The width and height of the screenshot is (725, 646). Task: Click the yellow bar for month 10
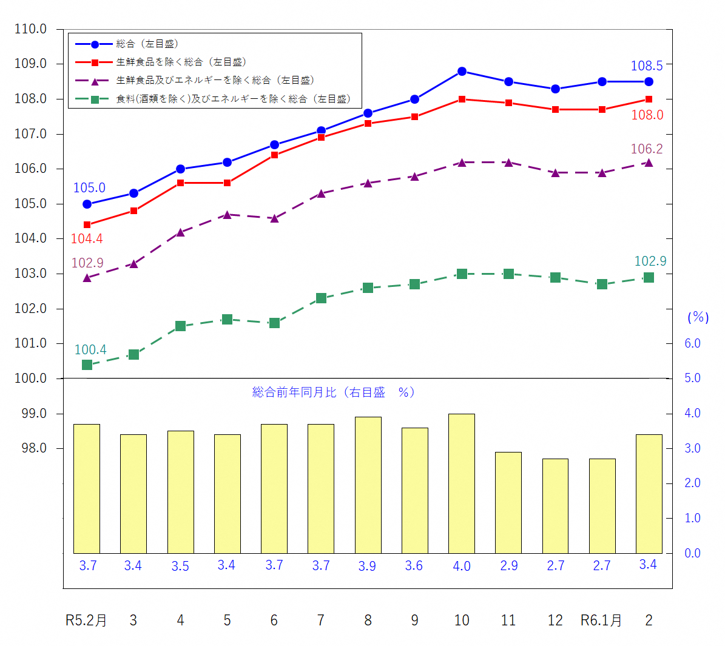[462, 483]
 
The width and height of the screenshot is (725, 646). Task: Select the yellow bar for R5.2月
[87, 488]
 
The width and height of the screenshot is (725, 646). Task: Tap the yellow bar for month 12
[555, 506]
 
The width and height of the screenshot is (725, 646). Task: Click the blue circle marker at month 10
[462, 72]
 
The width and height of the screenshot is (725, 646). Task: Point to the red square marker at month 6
[274, 155]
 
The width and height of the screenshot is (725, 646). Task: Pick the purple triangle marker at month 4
[180, 232]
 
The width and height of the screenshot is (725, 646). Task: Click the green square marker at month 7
[321, 298]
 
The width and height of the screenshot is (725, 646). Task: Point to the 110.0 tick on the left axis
[30, 29]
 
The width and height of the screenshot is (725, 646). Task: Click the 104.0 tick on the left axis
[30, 238]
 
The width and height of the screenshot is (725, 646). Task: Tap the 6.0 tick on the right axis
[692, 343]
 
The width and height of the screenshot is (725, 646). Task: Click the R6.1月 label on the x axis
[601, 621]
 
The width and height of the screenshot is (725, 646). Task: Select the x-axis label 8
[368, 621]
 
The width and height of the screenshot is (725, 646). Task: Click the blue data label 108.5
[647, 66]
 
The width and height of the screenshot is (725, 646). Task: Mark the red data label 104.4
[87, 239]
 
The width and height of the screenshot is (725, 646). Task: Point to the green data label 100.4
[90, 350]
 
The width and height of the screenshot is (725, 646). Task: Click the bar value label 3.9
[367, 566]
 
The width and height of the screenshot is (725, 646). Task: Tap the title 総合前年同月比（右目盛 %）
[334, 392]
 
